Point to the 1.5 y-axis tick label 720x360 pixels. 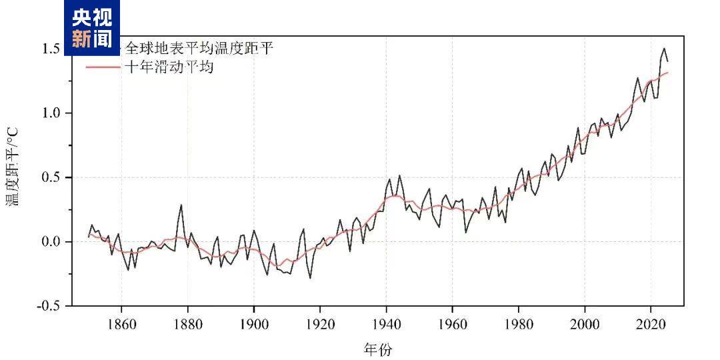click(52, 49)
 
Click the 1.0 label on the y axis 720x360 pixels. click(52, 113)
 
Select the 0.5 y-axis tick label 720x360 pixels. click(52, 177)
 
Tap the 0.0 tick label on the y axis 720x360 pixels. click(52, 241)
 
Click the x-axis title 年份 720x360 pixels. click(378, 349)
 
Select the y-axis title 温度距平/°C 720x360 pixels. click(14, 167)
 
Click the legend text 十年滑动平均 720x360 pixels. click(169, 67)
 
